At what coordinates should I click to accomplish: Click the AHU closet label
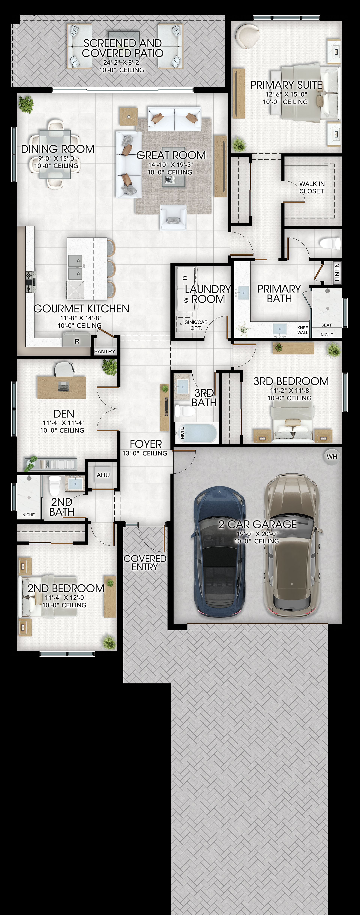point(103,475)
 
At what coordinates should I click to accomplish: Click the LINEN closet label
point(337,272)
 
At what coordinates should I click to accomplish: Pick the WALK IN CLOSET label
point(312,187)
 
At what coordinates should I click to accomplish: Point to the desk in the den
point(61,387)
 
